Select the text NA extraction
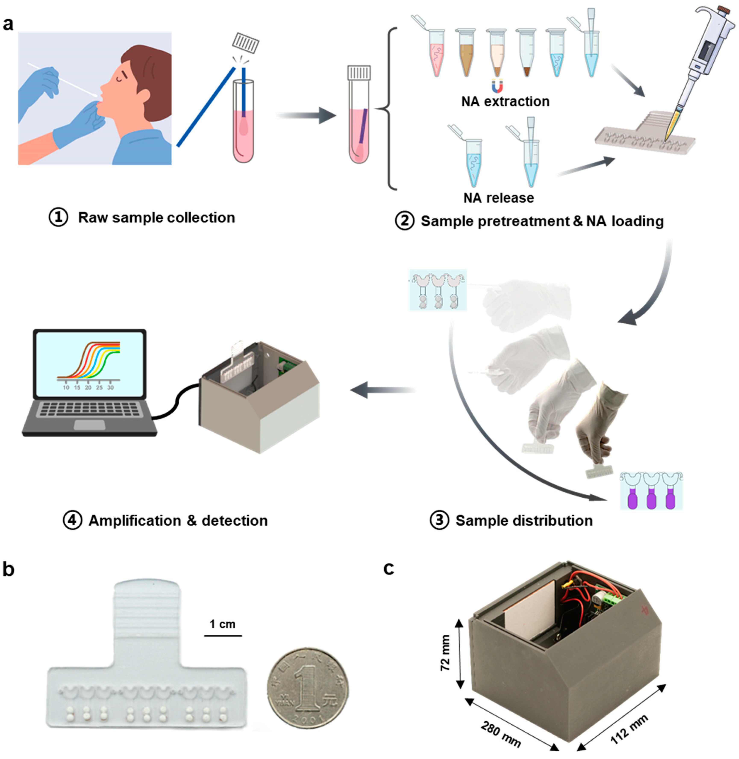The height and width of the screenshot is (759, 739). coord(505,102)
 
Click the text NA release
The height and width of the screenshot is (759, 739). coord(498,198)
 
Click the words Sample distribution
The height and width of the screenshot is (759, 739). coord(524,520)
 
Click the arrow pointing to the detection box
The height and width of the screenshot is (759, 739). coord(382,390)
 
